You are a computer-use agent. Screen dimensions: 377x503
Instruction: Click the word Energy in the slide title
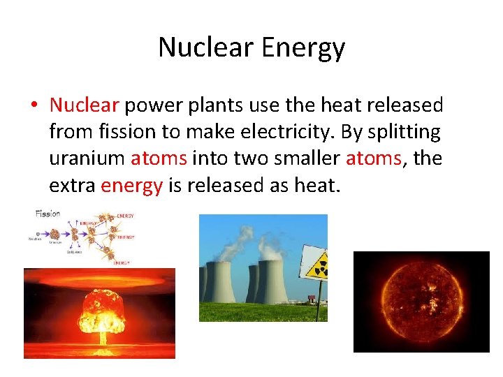point(302,47)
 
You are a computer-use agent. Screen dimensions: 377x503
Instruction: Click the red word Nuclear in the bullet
point(85,105)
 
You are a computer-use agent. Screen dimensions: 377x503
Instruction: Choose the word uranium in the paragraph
point(87,158)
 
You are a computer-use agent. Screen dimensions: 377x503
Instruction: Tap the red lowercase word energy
point(131,185)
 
